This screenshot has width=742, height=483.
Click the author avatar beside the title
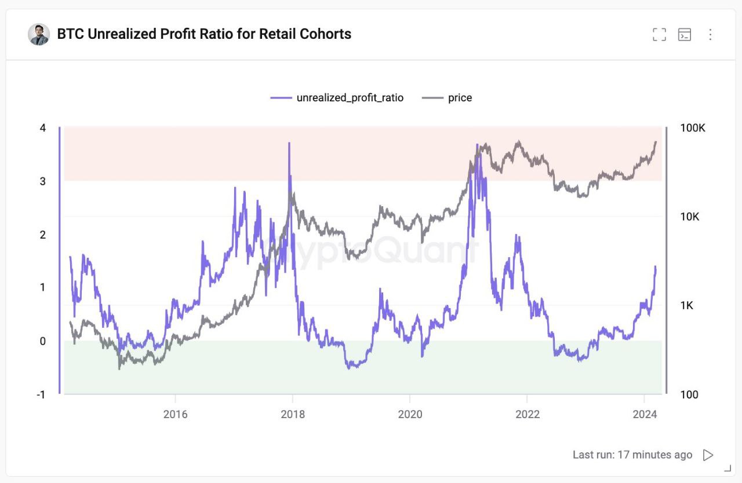point(39,35)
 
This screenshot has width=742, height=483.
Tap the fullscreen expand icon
point(659,35)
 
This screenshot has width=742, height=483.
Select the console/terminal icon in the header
point(685,35)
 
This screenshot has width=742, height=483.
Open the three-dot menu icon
point(710,35)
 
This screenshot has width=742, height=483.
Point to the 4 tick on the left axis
point(43,127)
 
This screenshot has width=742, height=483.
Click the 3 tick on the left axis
point(43,181)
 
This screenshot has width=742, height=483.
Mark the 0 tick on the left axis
point(43,341)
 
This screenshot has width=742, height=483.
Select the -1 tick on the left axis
point(41,395)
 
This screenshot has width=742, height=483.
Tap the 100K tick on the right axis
point(693,128)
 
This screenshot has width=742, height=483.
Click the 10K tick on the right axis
point(690,217)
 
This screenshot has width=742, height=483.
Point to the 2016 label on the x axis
point(175,414)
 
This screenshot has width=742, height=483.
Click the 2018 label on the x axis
point(292,414)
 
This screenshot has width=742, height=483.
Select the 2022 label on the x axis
point(527,414)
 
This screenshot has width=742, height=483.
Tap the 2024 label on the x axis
point(644,414)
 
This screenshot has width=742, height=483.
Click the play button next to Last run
point(708,455)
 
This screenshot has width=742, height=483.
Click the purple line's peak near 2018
point(289,143)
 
